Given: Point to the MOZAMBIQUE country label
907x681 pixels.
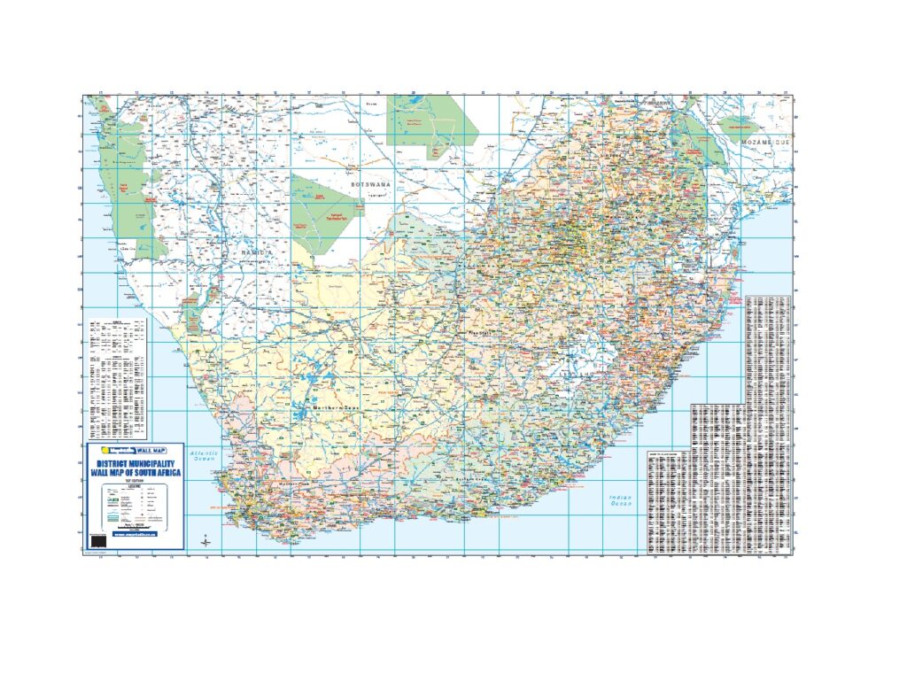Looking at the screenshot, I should (x=764, y=142).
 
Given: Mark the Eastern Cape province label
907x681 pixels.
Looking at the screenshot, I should (x=475, y=479).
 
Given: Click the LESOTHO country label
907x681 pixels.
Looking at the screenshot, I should (x=575, y=375).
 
